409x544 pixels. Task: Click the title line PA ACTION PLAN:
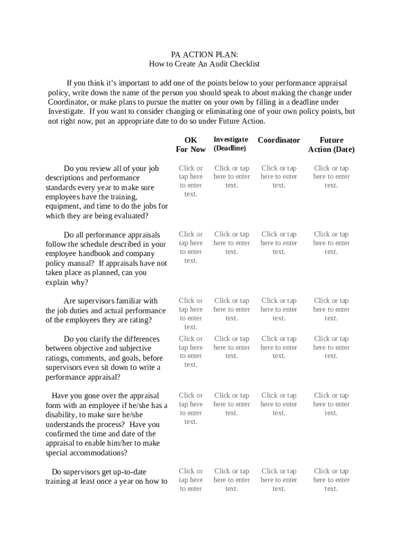tap(204, 55)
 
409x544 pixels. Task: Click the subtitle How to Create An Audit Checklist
tap(204, 64)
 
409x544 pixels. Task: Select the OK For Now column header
tap(191, 144)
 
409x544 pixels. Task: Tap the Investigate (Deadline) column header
tap(231, 143)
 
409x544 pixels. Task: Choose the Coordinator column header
tap(279, 140)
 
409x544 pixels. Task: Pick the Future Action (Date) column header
tap(331, 144)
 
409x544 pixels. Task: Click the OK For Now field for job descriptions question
tap(191, 181)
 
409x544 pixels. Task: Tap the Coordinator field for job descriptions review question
tap(279, 177)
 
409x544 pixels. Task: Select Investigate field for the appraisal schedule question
tap(232, 243)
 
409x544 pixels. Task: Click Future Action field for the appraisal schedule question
tap(331, 243)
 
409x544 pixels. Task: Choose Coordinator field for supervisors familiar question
tap(279, 309)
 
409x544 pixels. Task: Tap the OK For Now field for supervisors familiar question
tap(191, 313)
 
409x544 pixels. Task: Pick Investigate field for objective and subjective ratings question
tap(232, 347)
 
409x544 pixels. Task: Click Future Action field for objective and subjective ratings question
tap(331, 347)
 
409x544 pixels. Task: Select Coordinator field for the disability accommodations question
tap(279, 404)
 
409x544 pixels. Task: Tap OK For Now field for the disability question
tap(191, 409)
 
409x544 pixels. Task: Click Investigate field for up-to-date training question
tap(232, 480)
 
